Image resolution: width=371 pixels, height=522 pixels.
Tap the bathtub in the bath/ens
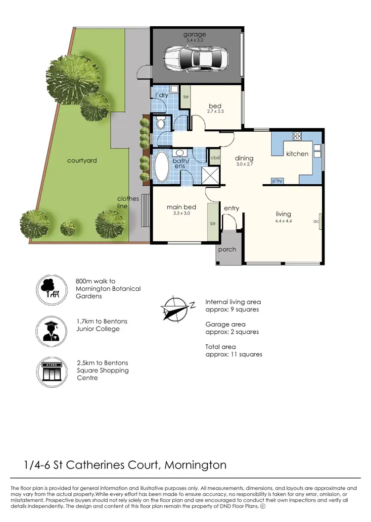162,167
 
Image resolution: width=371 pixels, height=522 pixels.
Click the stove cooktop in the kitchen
298,137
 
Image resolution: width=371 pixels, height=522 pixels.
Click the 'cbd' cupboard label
215,158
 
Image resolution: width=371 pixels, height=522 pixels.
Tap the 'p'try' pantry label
277,182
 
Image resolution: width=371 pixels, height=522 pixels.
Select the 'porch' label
228,249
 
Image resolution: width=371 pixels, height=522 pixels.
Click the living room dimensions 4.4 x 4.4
284,221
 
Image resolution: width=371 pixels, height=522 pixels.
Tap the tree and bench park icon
50,288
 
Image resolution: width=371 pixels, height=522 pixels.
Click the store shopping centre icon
50,370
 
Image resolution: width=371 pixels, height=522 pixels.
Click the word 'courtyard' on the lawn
82,160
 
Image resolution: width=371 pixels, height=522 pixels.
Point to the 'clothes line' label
128,202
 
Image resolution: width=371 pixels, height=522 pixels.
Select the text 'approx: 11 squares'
233,354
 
